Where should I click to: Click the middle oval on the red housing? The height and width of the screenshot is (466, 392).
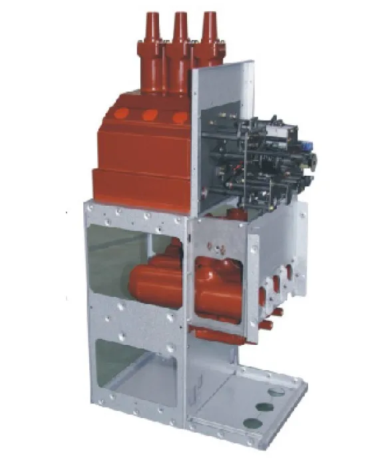150,115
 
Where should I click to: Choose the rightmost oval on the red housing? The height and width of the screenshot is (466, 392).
178,118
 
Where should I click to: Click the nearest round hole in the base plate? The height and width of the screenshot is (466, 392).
251,421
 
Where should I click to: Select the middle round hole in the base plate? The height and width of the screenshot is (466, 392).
266,406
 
